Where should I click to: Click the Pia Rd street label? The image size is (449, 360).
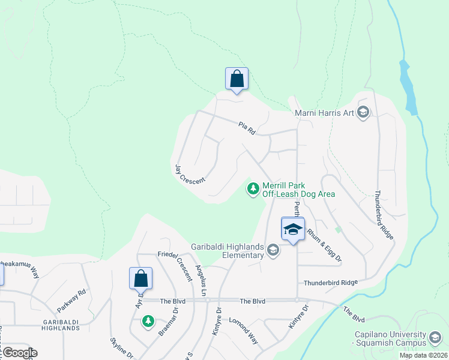(x=247, y=128)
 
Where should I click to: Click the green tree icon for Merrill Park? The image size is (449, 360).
(x=253, y=189)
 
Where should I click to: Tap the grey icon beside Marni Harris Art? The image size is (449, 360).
(x=363, y=112)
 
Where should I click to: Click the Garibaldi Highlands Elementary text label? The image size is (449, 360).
(x=228, y=250)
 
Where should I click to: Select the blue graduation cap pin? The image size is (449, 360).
(x=293, y=229)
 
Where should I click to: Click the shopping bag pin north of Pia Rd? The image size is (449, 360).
(x=237, y=79)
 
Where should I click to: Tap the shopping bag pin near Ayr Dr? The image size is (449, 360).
(x=140, y=279)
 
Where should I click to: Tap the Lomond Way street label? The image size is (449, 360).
(x=243, y=331)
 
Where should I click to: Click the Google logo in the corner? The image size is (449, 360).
(x=19, y=353)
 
